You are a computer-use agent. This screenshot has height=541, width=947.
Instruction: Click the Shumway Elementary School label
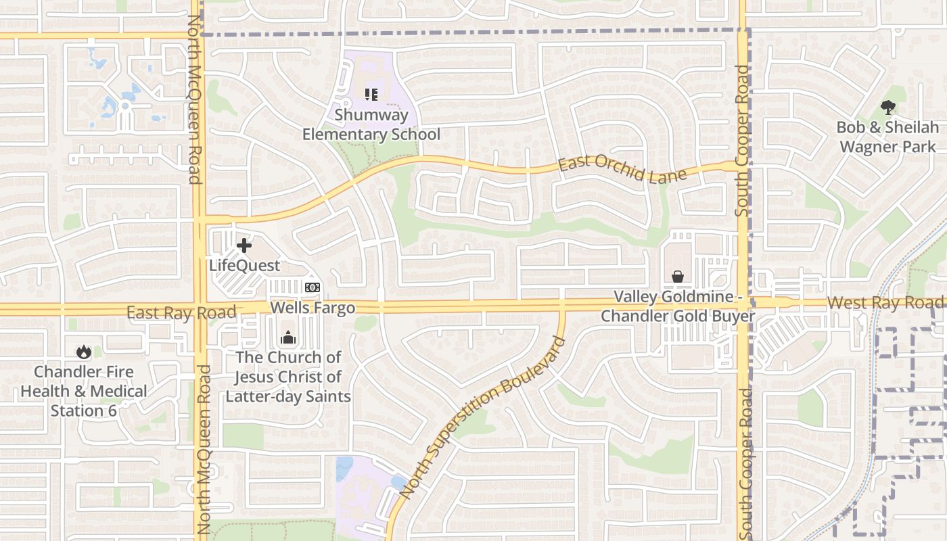[371, 125]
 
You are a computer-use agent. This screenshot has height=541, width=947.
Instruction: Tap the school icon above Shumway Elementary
[371, 95]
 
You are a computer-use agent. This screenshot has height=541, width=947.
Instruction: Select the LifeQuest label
[244, 265]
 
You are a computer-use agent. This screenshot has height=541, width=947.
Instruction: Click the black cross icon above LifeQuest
[244, 245]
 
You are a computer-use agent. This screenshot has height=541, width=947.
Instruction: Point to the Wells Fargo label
[313, 308]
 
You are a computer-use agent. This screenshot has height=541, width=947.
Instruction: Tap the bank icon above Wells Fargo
[312, 287]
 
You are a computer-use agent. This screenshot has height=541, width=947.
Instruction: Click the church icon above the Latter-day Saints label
[288, 337]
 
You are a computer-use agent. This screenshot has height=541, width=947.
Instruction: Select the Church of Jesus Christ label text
[288, 376]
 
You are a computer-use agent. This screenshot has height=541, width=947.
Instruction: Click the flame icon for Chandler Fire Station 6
[84, 352]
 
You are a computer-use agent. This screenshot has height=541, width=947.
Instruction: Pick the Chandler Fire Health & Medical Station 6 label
[84, 391]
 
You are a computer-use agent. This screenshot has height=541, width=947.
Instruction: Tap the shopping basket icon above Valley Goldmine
[677, 277]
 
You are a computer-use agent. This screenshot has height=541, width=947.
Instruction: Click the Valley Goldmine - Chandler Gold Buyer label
[678, 306]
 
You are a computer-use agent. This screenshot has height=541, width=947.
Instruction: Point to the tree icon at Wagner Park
[887, 107]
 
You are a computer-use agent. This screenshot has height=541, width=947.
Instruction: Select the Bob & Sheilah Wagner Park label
[887, 137]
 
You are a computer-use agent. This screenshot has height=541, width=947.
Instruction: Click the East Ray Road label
[181, 312]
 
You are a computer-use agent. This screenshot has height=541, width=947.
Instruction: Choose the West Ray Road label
[886, 303]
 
